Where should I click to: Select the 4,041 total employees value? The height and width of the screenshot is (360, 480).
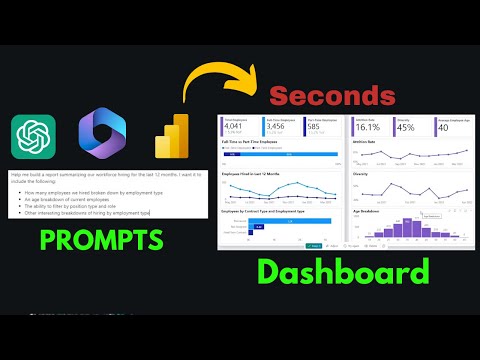[x=233, y=128]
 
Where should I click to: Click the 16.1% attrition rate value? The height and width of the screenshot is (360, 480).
[x=366, y=128]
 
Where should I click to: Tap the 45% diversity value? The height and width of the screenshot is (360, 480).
[x=408, y=128]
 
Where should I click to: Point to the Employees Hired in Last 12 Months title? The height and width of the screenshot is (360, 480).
[x=253, y=174]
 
